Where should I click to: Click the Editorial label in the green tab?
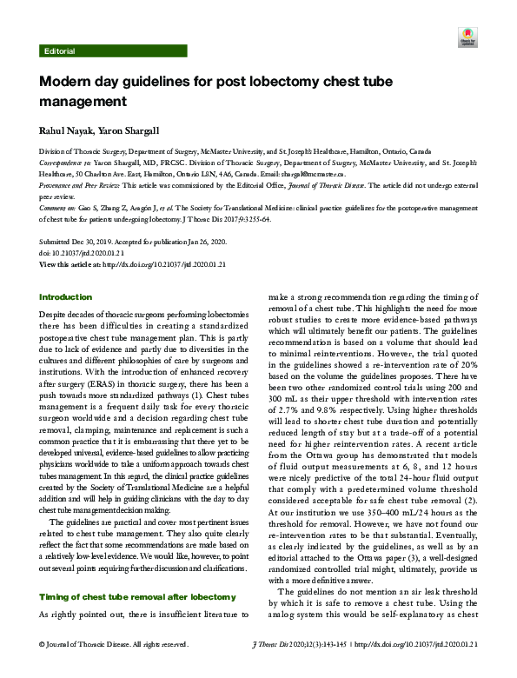(x=58, y=51)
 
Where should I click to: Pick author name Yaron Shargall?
(x=129, y=131)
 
